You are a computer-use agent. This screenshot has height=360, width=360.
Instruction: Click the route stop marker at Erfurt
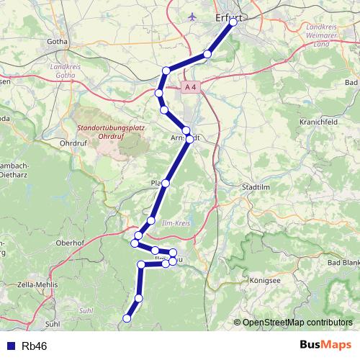tap(233, 22)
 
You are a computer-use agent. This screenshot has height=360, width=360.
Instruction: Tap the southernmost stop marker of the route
tap(127, 318)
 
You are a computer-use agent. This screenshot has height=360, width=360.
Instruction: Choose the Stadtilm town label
tap(258, 186)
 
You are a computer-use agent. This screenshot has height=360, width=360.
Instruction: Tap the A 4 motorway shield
tap(189, 87)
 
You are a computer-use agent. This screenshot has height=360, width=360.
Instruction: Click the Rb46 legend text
tap(35, 346)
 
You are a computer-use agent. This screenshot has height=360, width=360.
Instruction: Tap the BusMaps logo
tap(325, 345)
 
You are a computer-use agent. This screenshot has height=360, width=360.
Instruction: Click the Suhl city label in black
tap(52, 324)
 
